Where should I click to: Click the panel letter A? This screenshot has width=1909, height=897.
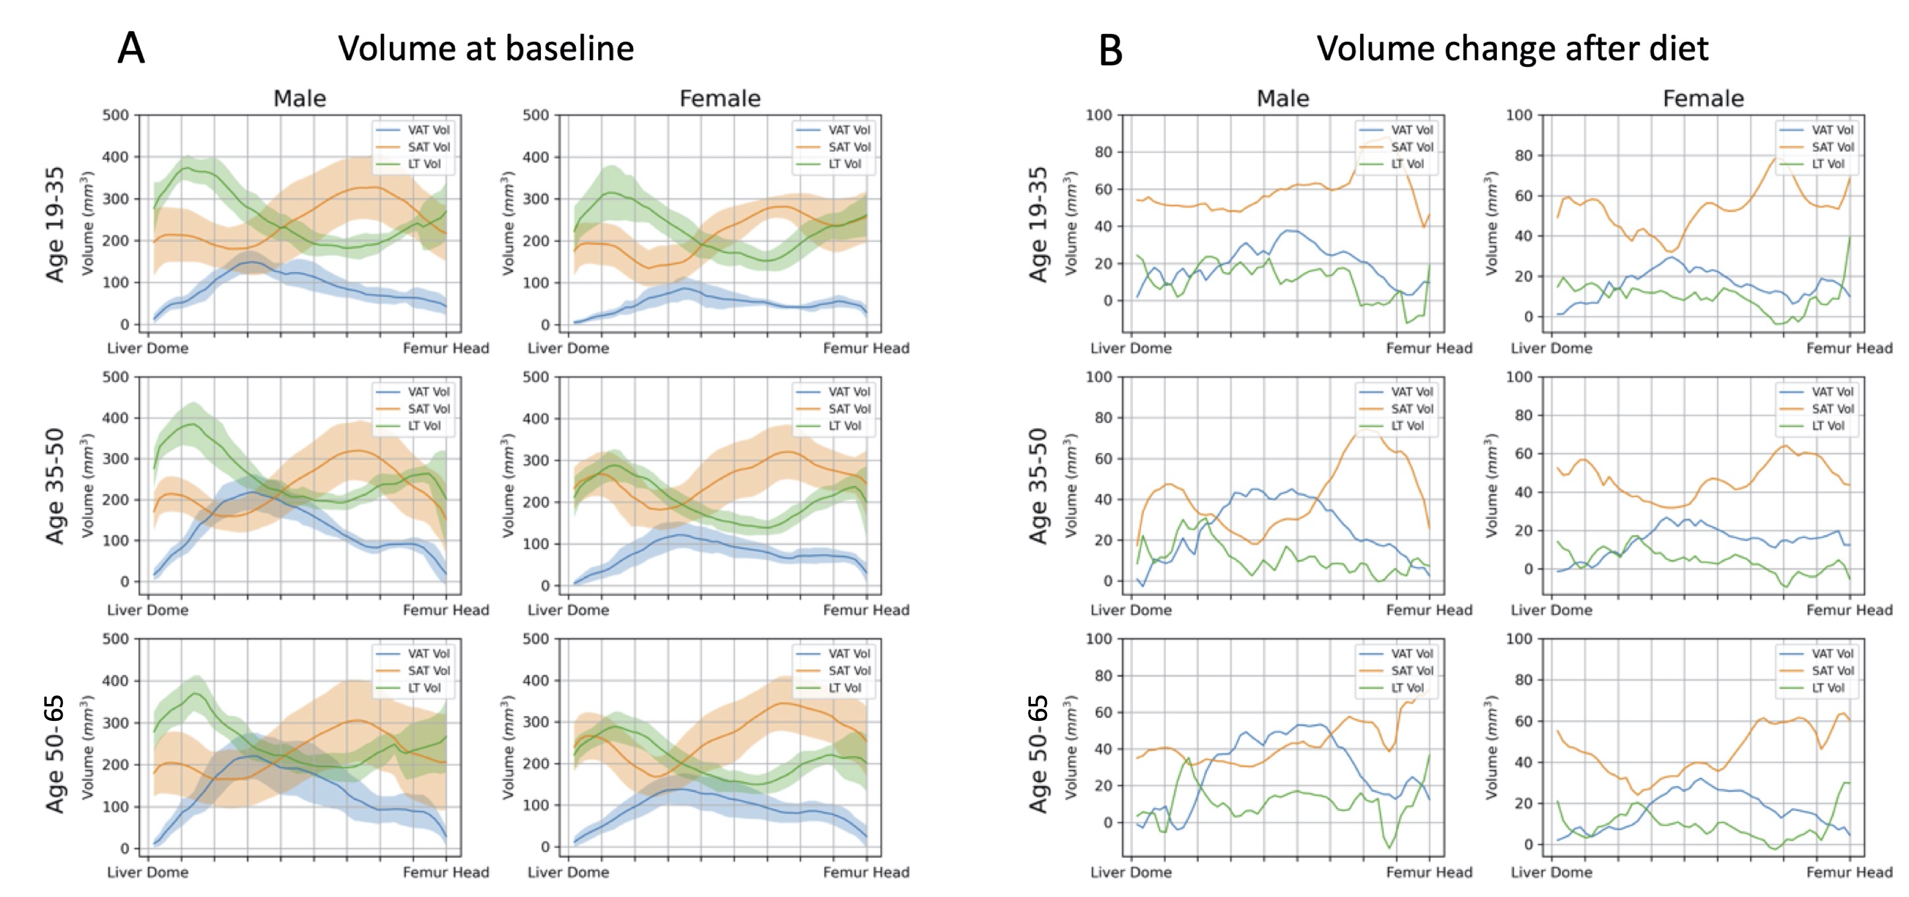pos(131,49)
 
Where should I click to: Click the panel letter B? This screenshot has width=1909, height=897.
pos(1110,50)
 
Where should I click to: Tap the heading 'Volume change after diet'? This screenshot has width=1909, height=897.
pos(1512,49)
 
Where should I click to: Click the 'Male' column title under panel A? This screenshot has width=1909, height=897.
pos(300,99)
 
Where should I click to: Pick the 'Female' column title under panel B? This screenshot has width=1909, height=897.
pos(1703,99)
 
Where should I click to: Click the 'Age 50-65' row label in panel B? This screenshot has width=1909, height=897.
pos(1038,753)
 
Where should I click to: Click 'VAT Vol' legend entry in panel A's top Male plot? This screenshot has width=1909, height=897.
pos(428,130)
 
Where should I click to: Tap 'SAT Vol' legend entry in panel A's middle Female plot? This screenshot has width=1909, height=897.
pos(850,409)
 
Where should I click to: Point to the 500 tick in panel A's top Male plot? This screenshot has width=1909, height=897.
pos(116,116)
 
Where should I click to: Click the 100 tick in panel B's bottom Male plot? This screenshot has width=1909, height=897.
pos(1098,639)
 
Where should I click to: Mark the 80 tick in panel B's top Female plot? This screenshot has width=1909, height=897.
pos(1523,155)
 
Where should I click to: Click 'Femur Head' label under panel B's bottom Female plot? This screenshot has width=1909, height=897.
pos(1849,873)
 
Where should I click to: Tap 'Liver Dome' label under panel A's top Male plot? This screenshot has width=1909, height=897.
pos(147,349)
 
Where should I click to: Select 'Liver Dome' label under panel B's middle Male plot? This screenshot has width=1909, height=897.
pos(1131,610)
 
